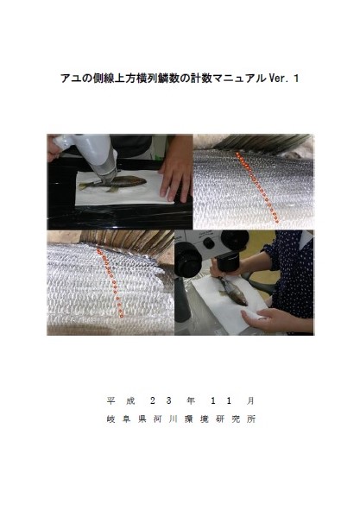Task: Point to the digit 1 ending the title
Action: pos(295,79)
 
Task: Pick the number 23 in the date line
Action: pos(161,400)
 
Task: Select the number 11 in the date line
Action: pos(221,400)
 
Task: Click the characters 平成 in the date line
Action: pos(121,400)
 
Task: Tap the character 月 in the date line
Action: pos(250,400)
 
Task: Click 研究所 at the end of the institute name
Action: pos(236,419)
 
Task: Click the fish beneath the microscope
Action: pos(233,292)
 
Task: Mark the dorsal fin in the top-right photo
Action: pos(262,142)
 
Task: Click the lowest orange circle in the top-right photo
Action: pos(278,222)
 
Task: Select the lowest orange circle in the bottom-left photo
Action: pos(122,316)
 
